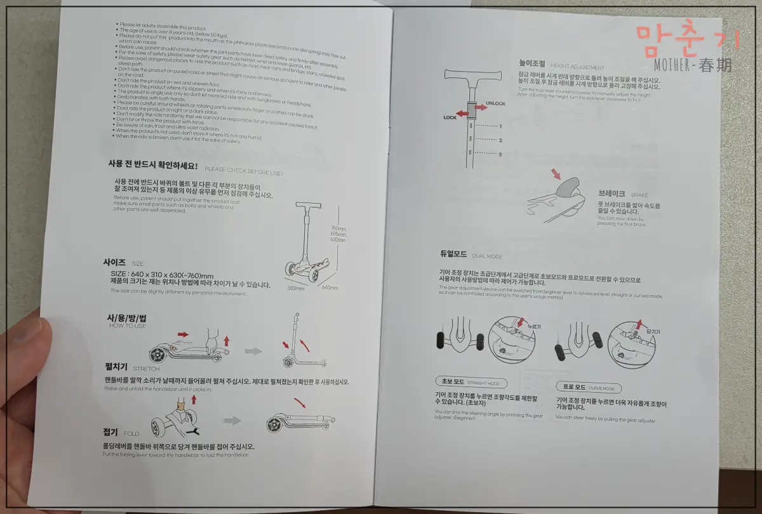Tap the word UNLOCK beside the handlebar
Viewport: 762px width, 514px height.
point(495,103)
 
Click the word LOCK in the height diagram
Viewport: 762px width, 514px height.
point(450,117)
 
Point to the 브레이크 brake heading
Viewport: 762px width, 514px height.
point(612,193)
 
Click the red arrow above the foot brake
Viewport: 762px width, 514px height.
point(557,173)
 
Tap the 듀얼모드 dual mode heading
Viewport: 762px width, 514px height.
point(453,254)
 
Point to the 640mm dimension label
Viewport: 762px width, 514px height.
point(330,287)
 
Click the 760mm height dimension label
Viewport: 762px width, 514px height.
point(337,229)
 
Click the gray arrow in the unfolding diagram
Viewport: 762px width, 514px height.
point(254,350)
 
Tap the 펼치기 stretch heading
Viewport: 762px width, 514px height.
point(116,367)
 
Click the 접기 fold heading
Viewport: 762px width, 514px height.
point(110,432)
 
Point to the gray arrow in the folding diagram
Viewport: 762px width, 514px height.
point(232,420)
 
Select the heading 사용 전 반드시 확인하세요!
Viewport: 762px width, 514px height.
point(152,164)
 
